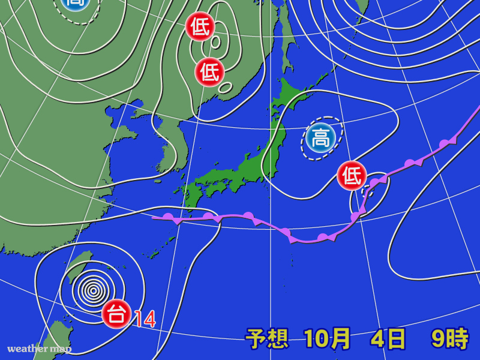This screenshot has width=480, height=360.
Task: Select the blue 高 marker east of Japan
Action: [320, 139]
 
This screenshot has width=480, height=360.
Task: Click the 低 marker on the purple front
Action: [352, 176]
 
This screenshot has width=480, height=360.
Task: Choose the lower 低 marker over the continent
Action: [209, 72]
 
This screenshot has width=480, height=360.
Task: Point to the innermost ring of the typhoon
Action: [93, 291]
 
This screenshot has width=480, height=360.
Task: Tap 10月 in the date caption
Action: [327, 340]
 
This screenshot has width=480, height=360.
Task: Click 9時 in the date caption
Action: [449, 340]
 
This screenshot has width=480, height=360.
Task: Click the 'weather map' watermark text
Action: [39, 349]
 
